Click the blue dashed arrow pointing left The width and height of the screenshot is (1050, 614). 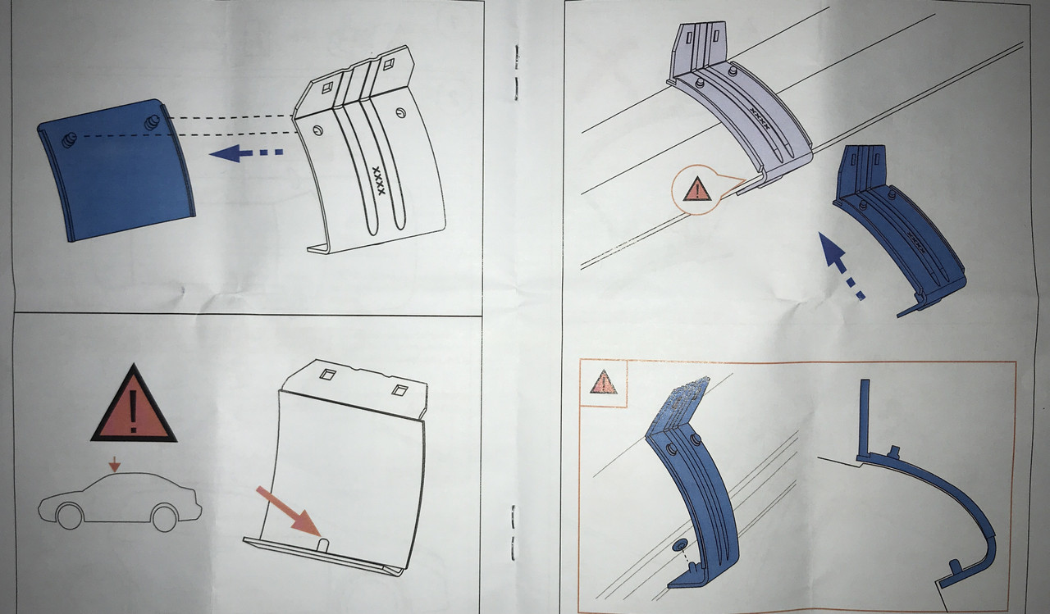(246, 152)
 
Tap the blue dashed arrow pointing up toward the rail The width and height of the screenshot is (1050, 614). (840, 265)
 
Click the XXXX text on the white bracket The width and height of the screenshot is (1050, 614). (378, 180)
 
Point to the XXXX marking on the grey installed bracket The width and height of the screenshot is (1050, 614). (760, 119)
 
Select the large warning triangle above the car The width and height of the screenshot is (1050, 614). (134, 406)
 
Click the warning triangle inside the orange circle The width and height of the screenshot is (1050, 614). (697, 189)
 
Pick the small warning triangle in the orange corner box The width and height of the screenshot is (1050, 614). (603, 382)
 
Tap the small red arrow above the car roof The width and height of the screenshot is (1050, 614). (114, 465)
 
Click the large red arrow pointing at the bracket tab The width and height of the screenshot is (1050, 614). (288, 512)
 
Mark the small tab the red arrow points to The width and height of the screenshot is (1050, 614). (323, 545)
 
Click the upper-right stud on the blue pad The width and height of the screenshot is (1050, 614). (152, 122)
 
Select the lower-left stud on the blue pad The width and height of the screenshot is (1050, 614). (70, 139)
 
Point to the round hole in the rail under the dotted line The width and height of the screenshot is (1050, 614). (679, 544)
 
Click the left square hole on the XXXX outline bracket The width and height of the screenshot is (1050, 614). (327, 87)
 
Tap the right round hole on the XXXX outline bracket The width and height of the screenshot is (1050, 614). (401, 113)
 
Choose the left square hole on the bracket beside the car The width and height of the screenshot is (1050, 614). (327, 374)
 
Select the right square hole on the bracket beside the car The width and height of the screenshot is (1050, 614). (399, 389)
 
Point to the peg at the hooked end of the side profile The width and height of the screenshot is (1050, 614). (953, 566)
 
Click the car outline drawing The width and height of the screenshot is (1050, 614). (120, 502)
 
